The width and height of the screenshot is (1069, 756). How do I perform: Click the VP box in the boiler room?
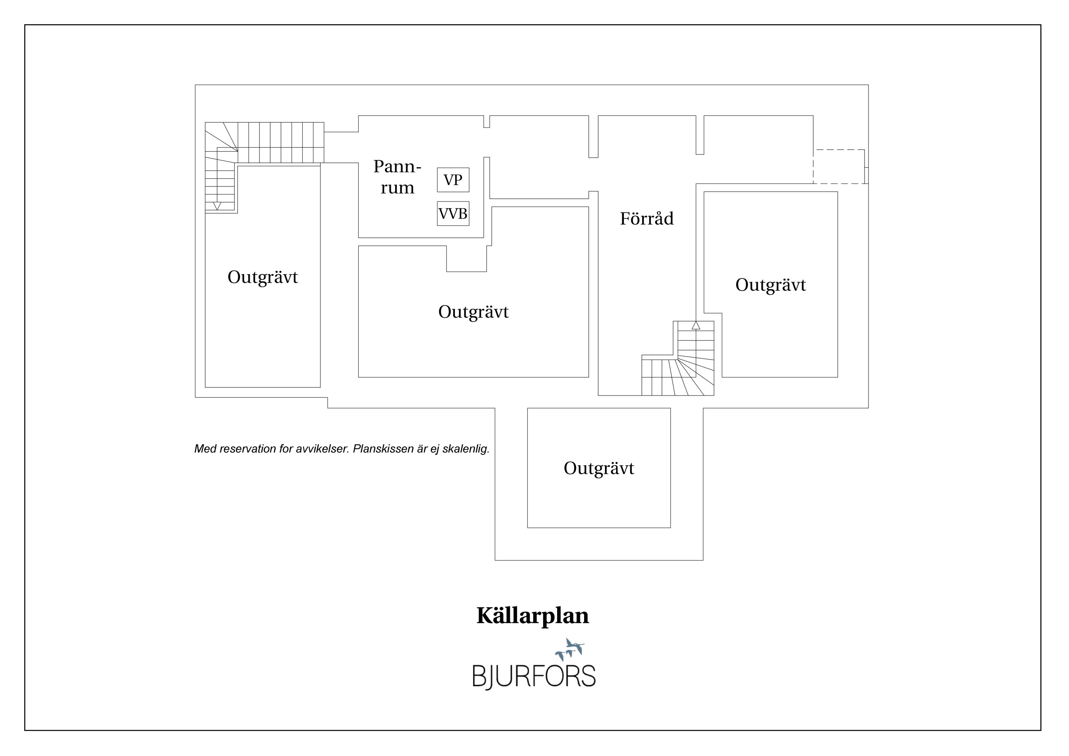coord(453,180)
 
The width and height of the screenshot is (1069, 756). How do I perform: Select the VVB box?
coord(453,214)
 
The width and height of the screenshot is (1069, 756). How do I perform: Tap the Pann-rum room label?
coord(397,177)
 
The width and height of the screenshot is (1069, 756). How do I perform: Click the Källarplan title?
coord(533,616)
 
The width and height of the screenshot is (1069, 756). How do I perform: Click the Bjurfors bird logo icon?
coord(570,650)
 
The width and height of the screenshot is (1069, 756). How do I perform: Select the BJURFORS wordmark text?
coord(534,676)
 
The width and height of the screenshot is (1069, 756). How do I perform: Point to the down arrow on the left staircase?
coord(217,206)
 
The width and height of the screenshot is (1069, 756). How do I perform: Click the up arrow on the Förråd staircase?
coord(696,325)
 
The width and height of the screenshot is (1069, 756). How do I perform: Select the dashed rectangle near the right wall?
coord(839,167)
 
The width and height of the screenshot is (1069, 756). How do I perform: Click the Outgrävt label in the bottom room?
coord(599,468)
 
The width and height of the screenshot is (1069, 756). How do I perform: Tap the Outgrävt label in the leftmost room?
coord(263,277)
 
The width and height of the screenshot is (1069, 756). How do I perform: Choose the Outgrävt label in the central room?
coord(473,312)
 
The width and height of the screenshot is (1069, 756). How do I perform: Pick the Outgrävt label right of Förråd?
coord(771,285)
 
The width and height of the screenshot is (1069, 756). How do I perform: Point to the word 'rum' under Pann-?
coord(397,188)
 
